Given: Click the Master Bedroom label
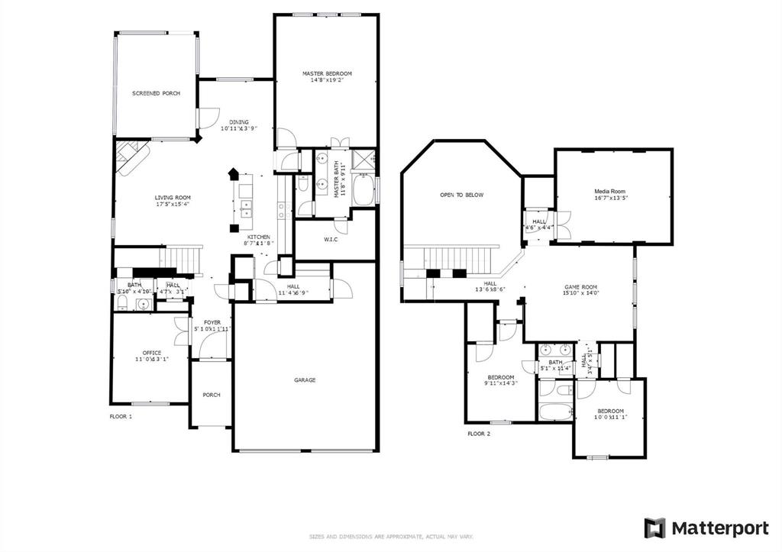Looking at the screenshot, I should point(327,73).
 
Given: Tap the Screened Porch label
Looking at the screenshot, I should point(156,93).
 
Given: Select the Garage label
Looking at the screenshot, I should point(305,379).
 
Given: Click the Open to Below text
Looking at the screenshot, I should point(461,195).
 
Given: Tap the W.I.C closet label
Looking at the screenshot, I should point(331,240).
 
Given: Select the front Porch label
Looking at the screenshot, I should point(211,395).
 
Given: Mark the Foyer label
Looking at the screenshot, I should point(212,322).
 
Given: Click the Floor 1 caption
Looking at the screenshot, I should point(121,417).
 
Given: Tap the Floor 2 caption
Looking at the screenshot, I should point(479,433).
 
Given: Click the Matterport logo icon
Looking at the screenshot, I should point(654,528).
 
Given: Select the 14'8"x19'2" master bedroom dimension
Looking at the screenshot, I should point(327,80).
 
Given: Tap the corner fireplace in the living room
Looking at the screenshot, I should point(130,157).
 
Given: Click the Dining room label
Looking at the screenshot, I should point(239,121).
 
